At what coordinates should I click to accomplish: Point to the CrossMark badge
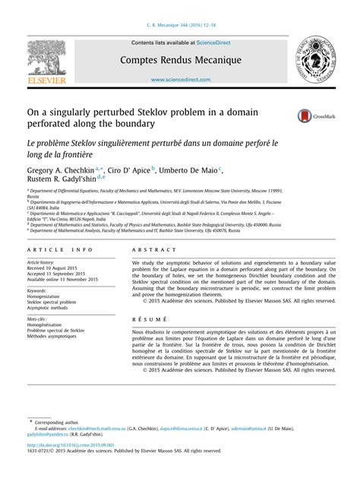(x=313, y=116)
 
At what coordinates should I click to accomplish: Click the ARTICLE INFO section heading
(x=55, y=250)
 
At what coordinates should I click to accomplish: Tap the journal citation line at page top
(x=179, y=24)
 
